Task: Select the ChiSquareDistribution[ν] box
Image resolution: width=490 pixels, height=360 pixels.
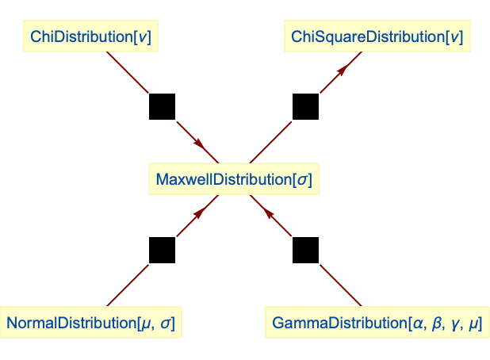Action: (377, 36)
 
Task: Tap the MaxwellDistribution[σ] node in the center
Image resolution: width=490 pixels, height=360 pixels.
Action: (233, 179)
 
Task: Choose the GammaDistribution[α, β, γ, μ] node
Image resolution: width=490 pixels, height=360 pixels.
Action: (377, 324)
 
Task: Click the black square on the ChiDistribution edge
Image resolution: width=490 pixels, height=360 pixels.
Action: (162, 106)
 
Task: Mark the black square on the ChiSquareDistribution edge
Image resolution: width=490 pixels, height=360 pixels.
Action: (305, 106)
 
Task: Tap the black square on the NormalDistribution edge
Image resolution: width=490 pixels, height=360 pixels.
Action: (162, 251)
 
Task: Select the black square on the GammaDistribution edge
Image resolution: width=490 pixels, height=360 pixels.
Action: (305, 251)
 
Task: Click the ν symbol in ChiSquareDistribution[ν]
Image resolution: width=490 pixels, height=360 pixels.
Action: (452, 37)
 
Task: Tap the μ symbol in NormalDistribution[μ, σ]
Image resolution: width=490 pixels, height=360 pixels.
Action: (145, 324)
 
